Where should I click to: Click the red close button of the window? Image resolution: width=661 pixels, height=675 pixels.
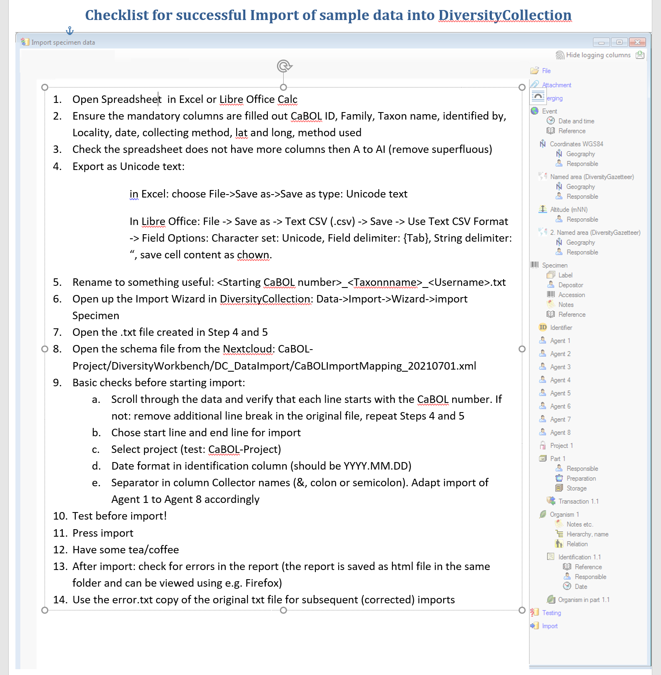pos(637,42)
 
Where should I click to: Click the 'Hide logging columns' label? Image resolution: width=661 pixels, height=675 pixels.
pos(598,55)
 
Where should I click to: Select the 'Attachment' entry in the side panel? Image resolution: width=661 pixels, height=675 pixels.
pos(556,85)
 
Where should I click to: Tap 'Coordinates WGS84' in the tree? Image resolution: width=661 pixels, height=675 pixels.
pos(576,144)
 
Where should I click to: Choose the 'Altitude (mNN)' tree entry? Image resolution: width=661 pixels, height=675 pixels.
pos(569,210)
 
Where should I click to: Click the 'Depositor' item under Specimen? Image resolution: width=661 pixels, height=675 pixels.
pos(571,285)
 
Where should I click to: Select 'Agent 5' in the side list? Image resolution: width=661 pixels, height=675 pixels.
pos(560,393)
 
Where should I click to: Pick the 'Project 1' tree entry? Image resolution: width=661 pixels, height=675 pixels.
pos(561,446)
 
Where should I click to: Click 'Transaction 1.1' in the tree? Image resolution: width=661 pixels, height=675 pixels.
pos(579,501)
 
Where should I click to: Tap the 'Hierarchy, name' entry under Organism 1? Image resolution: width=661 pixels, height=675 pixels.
pos(587,534)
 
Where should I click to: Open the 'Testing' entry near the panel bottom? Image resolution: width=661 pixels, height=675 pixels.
pos(551,613)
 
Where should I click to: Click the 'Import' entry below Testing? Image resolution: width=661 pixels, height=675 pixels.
pos(550,626)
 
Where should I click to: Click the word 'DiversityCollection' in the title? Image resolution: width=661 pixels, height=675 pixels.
pos(505,15)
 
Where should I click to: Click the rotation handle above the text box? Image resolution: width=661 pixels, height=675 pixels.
pos(284,66)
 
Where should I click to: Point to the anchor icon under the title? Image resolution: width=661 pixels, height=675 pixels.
pos(70,30)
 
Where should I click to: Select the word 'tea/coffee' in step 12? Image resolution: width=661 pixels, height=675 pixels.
pos(154,550)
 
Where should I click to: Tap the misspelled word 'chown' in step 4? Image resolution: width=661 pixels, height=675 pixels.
pos(253,255)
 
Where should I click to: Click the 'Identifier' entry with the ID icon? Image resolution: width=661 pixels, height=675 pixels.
pos(561,327)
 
